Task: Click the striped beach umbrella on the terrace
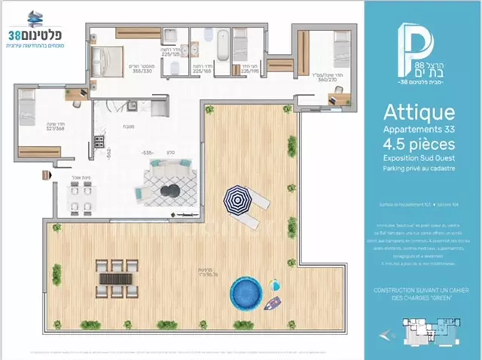(239, 200)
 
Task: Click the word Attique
(419, 114)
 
